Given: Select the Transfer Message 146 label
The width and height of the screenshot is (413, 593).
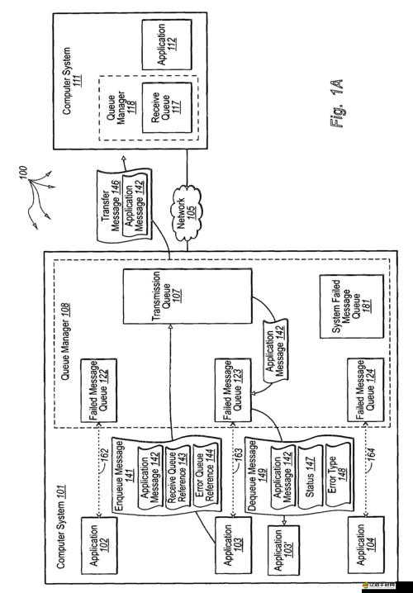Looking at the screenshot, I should point(108,199).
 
